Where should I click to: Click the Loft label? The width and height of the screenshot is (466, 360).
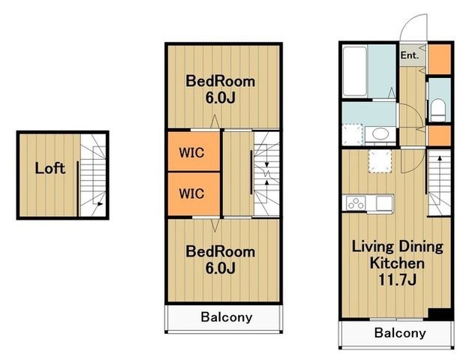pyautogui.click(x=50, y=169)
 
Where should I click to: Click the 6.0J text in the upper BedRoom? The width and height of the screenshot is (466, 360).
pyautogui.click(x=220, y=98)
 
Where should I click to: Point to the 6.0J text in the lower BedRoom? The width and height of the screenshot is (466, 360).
pyautogui.click(x=220, y=268)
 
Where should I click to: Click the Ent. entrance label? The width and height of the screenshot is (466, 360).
pyautogui.click(x=410, y=55)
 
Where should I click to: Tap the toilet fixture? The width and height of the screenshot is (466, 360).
pyautogui.click(x=438, y=110)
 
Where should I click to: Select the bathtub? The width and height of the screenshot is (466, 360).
pyautogui.click(x=355, y=71)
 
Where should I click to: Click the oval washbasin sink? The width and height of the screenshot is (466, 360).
pyautogui.click(x=380, y=133)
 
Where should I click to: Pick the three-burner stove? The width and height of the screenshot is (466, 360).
pyautogui.click(x=356, y=203)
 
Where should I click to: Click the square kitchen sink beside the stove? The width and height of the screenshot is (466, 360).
pyautogui.click(x=384, y=203)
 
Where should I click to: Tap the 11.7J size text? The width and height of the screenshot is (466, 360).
pyautogui.click(x=397, y=280)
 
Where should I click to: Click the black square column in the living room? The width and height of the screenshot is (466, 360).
pyautogui.click(x=440, y=314)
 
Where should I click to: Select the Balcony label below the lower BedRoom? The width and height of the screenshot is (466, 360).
pyautogui.click(x=227, y=317)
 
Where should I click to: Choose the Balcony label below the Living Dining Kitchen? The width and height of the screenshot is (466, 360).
pyautogui.click(x=400, y=333)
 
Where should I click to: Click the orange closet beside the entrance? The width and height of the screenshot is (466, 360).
pyautogui.click(x=439, y=59)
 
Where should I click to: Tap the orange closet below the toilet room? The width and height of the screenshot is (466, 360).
pyautogui.click(x=439, y=136)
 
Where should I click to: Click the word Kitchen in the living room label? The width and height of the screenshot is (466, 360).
pyautogui.click(x=397, y=263)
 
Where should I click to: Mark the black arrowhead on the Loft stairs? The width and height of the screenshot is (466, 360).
pyautogui.click(x=100, y=204)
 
